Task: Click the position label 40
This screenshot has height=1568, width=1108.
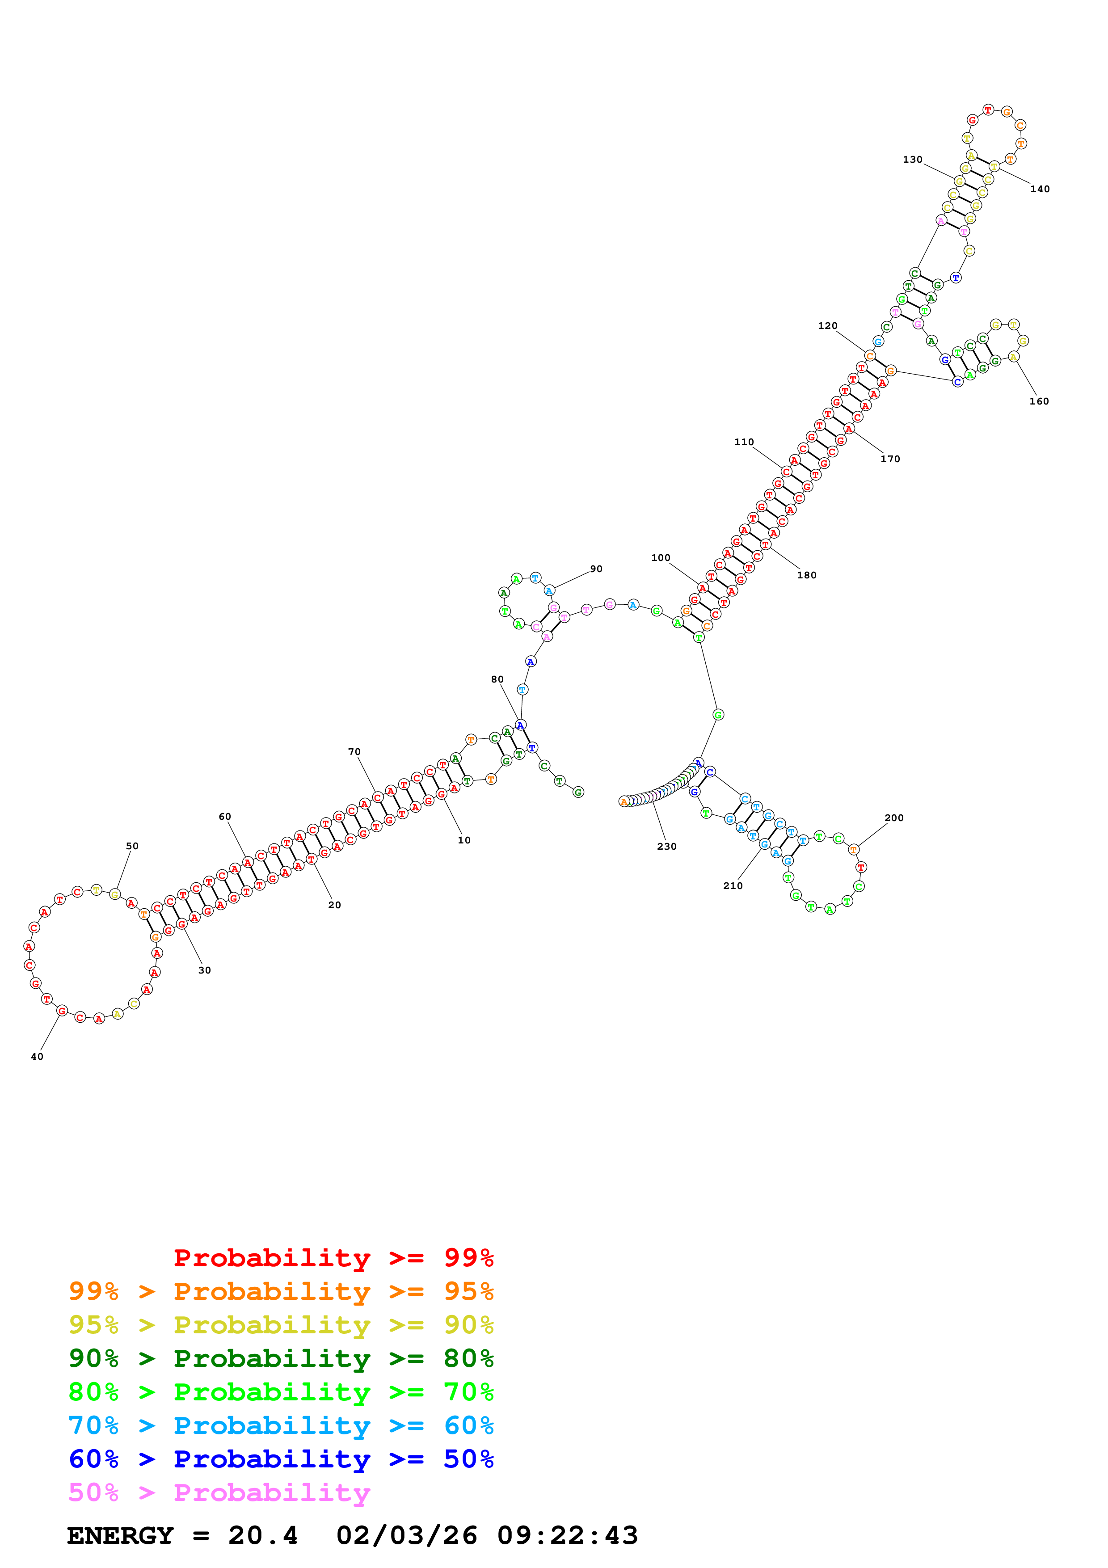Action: coord(37,1057)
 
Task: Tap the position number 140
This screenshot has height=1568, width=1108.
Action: coord(1039,189)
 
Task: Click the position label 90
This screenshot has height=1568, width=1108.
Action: coord(596,569)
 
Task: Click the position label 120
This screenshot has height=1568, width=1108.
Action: coord(827,326)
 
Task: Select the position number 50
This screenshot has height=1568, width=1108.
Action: coord(132,846)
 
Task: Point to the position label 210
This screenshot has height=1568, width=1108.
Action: coord(733,886)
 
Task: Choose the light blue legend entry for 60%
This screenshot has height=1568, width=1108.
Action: coord(281,1425)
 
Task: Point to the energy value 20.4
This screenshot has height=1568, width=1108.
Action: coord(263,1535)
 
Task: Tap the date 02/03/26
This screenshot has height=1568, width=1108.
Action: coord(406,1535)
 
